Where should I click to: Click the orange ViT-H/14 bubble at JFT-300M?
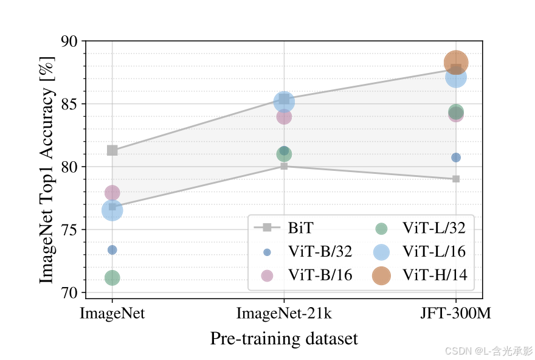pyautogui.click(x=456, y=62)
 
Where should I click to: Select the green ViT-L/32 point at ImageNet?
pyautogui.click(x=112, y=278)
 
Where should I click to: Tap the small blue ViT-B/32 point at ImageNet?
pyautogui.click(x=112, y=250)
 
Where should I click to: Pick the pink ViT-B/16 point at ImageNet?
pyautogui.click(x=112, y=193)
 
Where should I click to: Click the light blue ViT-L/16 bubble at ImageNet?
pyautogui.click(x=112, y=210)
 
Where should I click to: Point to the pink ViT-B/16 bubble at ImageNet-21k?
pyautogui.click(x=284, y=117)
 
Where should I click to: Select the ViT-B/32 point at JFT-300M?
pyautogui.click(x=456, y=157)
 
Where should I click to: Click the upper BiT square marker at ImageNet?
pyautogui.click(x=112, y=150)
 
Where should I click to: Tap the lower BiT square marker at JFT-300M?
pyautogui.click(x=456, y=179)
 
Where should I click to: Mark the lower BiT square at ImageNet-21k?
pyautogui.click(x=284, y=166)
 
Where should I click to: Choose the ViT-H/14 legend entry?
pyautogui.click(x=434, y=275)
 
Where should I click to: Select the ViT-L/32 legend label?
pyautogui.click(x=434, y=229)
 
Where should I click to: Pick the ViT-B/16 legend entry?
pyautogui.click(x=319, y=275)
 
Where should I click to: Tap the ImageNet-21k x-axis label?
pyautogui.click(x=284, y=314)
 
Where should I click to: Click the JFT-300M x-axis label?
pyautogui.click(x=456, y=314)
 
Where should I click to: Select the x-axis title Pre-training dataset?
pyautogui.click(x=284, y=339)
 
